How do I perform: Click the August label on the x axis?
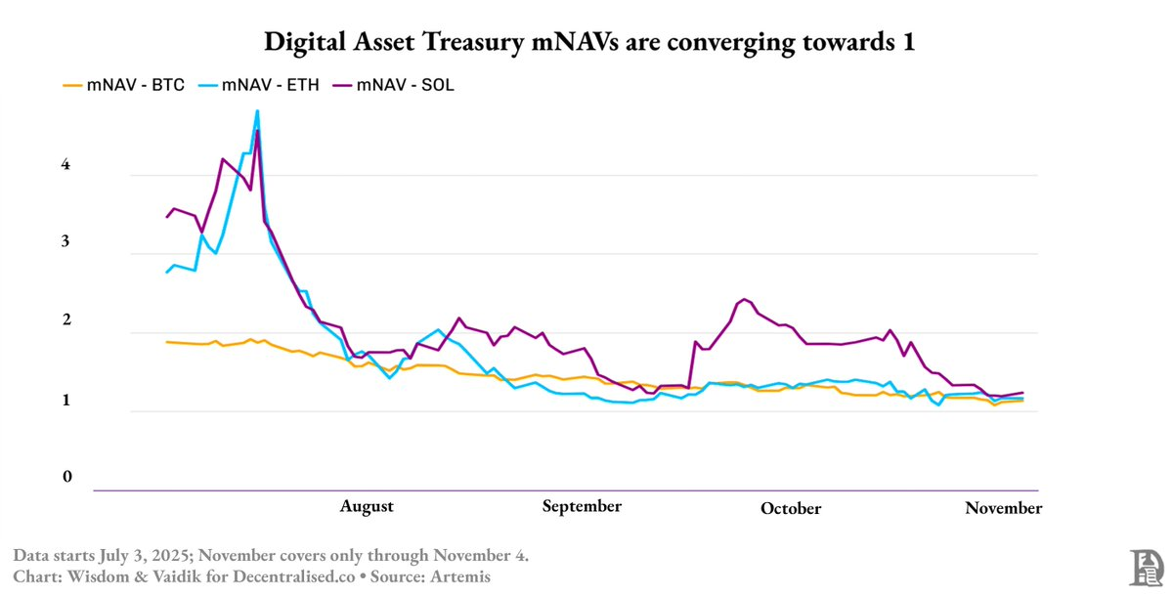click(367, 506)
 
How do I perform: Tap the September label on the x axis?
click(582, 506)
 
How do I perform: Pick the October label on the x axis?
click(791, 509)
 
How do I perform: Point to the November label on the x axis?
click(1004, 508)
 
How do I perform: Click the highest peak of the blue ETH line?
click(257, 111)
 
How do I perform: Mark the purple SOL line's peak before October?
click(745, 299)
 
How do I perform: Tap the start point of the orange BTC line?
click(166, 342)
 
